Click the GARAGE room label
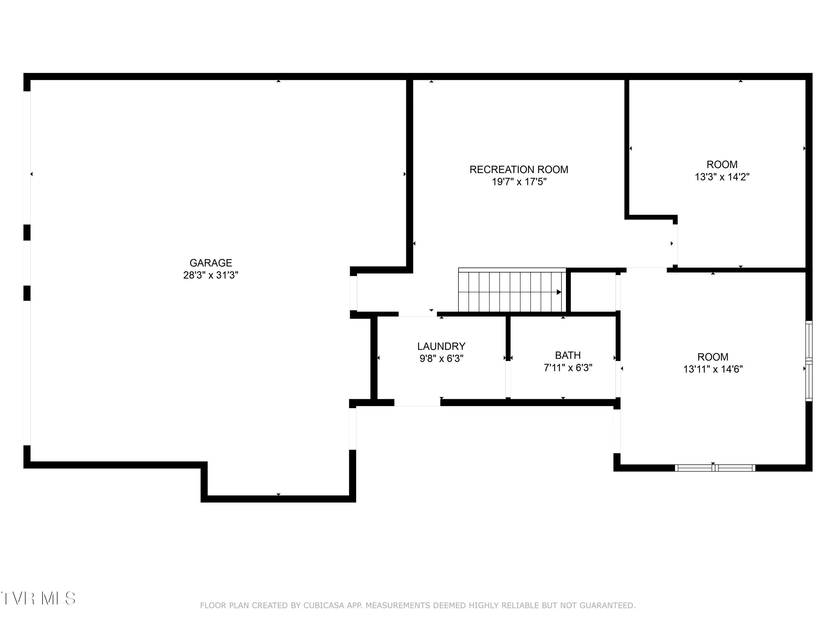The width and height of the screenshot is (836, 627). coord(210,263)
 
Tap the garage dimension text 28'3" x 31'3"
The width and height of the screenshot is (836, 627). coord(210,275)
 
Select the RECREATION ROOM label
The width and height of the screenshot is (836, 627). coord(519,169)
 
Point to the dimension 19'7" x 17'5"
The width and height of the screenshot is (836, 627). coord(519,182)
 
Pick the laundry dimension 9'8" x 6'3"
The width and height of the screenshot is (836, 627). coord(441,358)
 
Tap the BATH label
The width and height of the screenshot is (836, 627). coord(568,355)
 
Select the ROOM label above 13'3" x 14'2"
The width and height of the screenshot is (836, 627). coord(722,164)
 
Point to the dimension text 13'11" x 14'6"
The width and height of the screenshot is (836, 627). coord(713,369)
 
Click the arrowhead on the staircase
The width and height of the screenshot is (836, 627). coord(559,292)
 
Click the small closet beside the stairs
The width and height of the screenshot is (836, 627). coord(593,292)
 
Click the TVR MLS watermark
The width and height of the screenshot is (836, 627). coord(38,599)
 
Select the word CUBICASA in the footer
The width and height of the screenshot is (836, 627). coord(324,606)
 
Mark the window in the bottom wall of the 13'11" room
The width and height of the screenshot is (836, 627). coord(715,468)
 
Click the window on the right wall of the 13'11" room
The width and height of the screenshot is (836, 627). coord(809,361)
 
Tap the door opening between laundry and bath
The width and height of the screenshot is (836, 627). coord(508,379)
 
